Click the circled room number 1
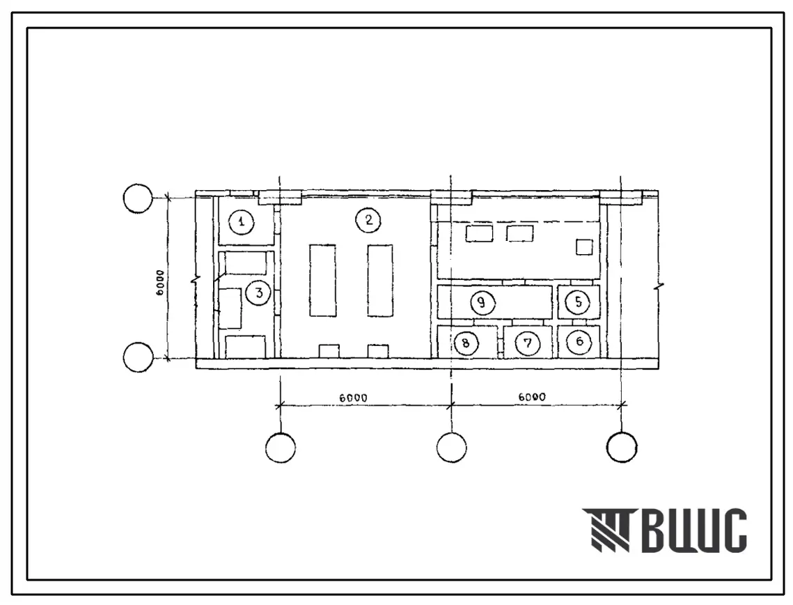tap(242, 221)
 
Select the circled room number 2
tap(369, 220)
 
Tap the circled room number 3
tap(259, 293)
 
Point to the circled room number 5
tap(578, 302)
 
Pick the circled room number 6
tap(579, 342)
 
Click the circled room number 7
tap(528, 343)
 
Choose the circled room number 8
tap(466, 343)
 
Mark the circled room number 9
tap(482, 302)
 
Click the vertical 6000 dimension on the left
tap(160, 282)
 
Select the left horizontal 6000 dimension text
tap(354, 398)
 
